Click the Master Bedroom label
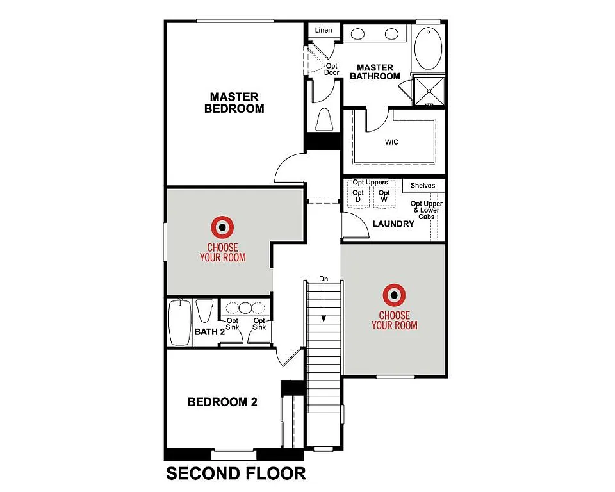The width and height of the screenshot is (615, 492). pyautogui.click(x=234, y=102)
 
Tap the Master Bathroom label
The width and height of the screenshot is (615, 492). pyautogui.click(x=375, y=72)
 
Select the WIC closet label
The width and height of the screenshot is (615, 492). pyautogui.click(x=391, y=142)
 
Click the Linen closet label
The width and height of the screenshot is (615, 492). pyautogui.click(x=324, y=30)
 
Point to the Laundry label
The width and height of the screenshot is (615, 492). pyautogui.click(x=393, y=224)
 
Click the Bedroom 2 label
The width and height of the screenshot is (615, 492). pyautogui.click(x=222, y=402)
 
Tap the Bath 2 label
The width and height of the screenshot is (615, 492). pyautogui.click(x=209, y=332)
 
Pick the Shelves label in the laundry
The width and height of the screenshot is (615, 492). pyautogui.click(x=423, y=186)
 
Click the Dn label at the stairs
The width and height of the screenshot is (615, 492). pyautogui.click(x=324, y=279)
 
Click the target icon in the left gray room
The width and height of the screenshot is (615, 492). pyautogui.click(x=222, y=226)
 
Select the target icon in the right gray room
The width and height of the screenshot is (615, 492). pyautogui.click(x=394, y=295)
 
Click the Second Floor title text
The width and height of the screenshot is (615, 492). pyautogui.click(x=236, y=473)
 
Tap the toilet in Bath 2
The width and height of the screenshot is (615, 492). pyautogui.click(x=204, y=312)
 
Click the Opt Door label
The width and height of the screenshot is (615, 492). pyautogui.click(x=332, y=69)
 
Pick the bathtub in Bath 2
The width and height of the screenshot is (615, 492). pyautogui.click(x=179, y=323)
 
